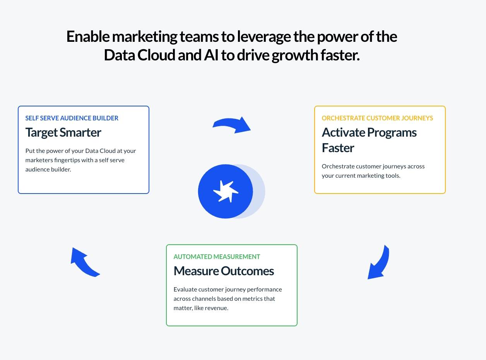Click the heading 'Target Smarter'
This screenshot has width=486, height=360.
tap(63, 132)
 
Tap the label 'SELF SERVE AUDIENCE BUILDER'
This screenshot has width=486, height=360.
tap(72, 118)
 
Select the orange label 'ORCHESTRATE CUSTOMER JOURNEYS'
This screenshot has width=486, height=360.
tap(377, 118)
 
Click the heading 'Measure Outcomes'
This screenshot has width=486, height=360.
tap(224, 271)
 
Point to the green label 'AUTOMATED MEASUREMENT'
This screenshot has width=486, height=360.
tap(217, 257)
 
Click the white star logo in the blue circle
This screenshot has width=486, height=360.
tap(226, 191)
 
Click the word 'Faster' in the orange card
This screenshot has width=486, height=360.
tap(338, 148)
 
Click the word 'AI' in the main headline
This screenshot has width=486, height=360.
tap(212, 55)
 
